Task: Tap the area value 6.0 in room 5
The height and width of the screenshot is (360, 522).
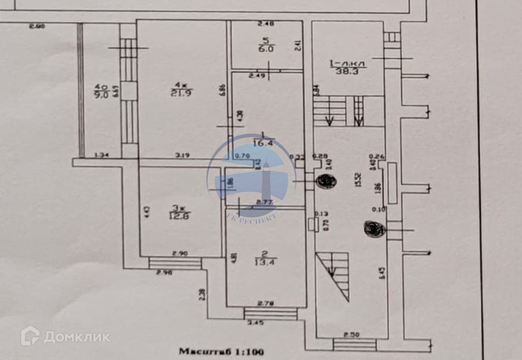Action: click(266, 48)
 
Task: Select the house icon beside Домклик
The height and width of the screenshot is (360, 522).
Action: click(30, 336)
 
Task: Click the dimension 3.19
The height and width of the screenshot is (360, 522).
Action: click(183, 156)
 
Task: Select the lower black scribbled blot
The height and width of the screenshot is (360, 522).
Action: click(375, 229)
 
